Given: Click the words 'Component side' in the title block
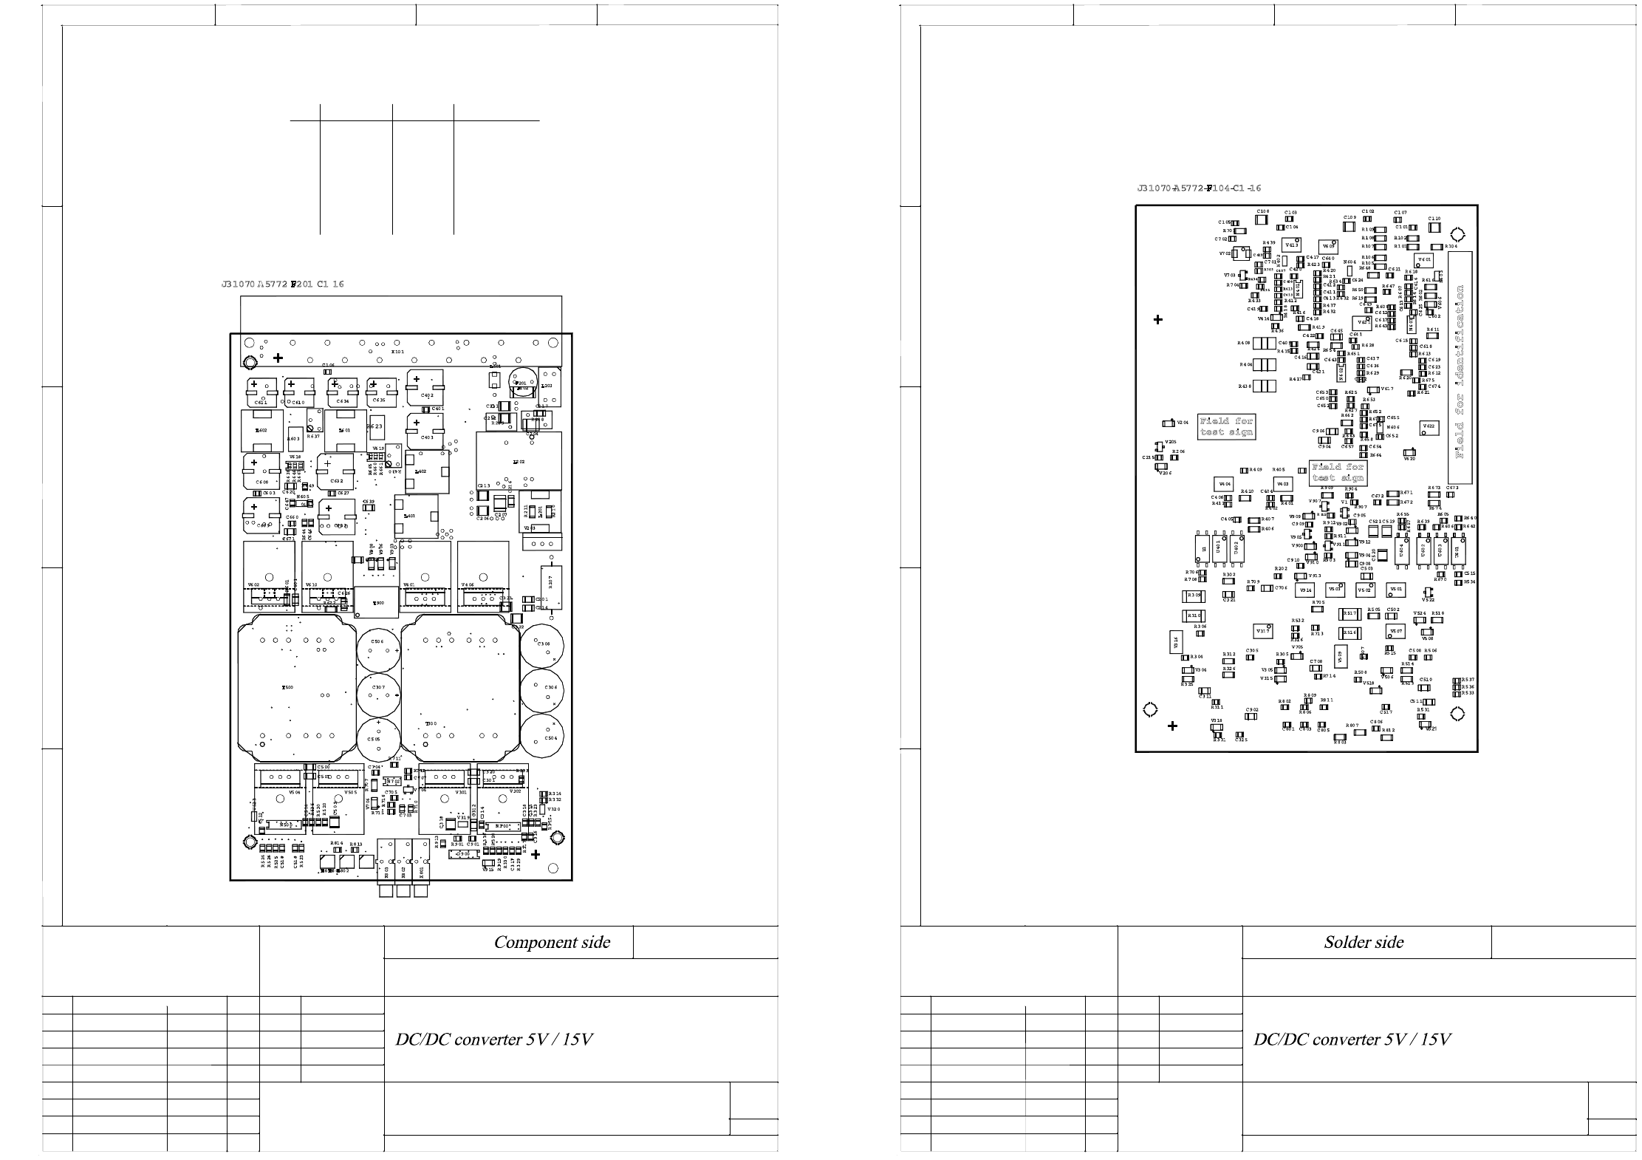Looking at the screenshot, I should [x=552, y=942].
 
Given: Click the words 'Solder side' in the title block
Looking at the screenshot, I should [x=1364, y=942].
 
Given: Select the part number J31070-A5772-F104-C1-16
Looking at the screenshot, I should [x=1199, y=189].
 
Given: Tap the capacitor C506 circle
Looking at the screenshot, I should [x=378, y=649].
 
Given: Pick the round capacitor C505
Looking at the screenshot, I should [x=378, y=738].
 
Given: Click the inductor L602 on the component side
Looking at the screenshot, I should [x=261, y=431].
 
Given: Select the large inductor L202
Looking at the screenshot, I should [x=519, y=461].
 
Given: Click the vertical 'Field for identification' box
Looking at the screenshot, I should [x=1460, y=368].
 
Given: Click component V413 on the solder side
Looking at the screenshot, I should [x=1292, y=245].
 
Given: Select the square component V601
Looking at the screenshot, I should [x=1424, y=260].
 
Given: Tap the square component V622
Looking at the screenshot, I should [x=1429, y=427].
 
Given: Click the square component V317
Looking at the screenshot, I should [x=1262, y=632].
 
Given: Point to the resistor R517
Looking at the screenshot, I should [x=1349, y=614].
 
